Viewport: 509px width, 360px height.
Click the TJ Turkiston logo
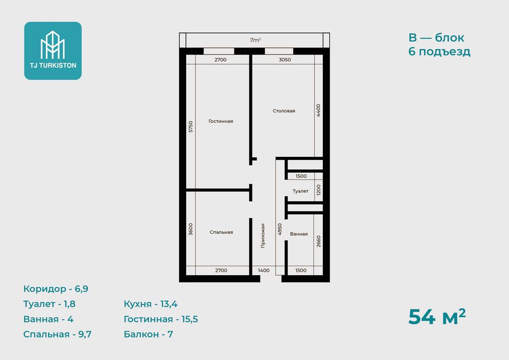point(53,50)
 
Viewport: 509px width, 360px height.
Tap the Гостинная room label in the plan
point(221,121)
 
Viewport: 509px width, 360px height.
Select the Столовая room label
point(284,111)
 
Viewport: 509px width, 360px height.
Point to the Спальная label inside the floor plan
point(222,232)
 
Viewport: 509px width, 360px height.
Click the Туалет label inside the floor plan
point(301,191)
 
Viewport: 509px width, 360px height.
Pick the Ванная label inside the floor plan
point(299,233)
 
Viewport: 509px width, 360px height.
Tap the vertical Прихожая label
point(263,236)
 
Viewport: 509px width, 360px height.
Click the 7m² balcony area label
point(256,40)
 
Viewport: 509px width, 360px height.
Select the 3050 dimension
point(285,60)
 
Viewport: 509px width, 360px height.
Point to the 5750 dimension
point(191,127)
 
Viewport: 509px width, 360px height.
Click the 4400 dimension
point(318,111)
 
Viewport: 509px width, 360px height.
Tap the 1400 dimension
point(264,270)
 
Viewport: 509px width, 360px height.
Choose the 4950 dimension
point(280,229)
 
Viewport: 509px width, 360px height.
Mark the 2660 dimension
point(318,241)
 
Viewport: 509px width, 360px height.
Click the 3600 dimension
point(191,229)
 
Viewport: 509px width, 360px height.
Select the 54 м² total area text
point(437,316)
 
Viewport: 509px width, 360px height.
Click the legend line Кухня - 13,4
point(151,304)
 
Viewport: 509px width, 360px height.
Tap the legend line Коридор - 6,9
point(56,289)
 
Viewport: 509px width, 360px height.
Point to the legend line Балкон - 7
point(149,334)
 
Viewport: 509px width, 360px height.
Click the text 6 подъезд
point(440,51)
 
